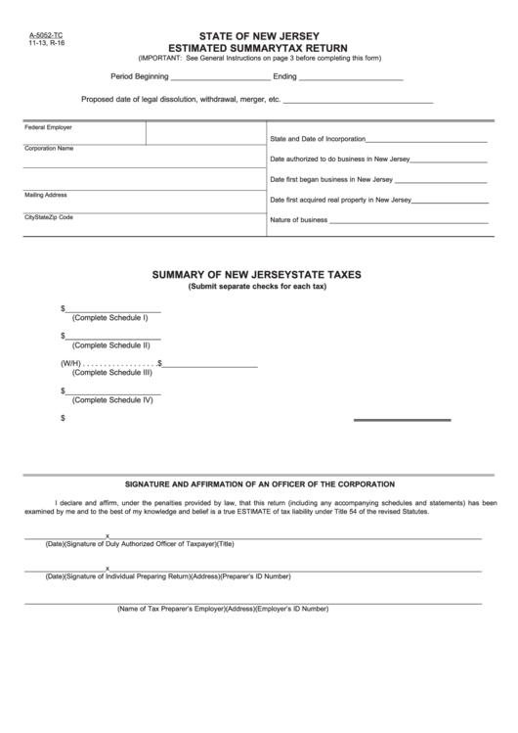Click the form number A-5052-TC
[37, 33]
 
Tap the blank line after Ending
[351, 77]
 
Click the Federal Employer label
[48, 127]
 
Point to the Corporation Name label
[49, 148]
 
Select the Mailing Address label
[45, 195]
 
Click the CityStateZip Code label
[49, 216]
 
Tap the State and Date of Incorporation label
[318, 139]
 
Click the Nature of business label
[298, 220]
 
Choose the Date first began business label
[331, 180]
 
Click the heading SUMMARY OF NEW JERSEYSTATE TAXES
[257, 275]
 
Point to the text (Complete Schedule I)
[110, 318]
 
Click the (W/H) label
[69, 363]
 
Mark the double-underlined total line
[402, 421]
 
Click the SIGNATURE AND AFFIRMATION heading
[259, 484]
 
